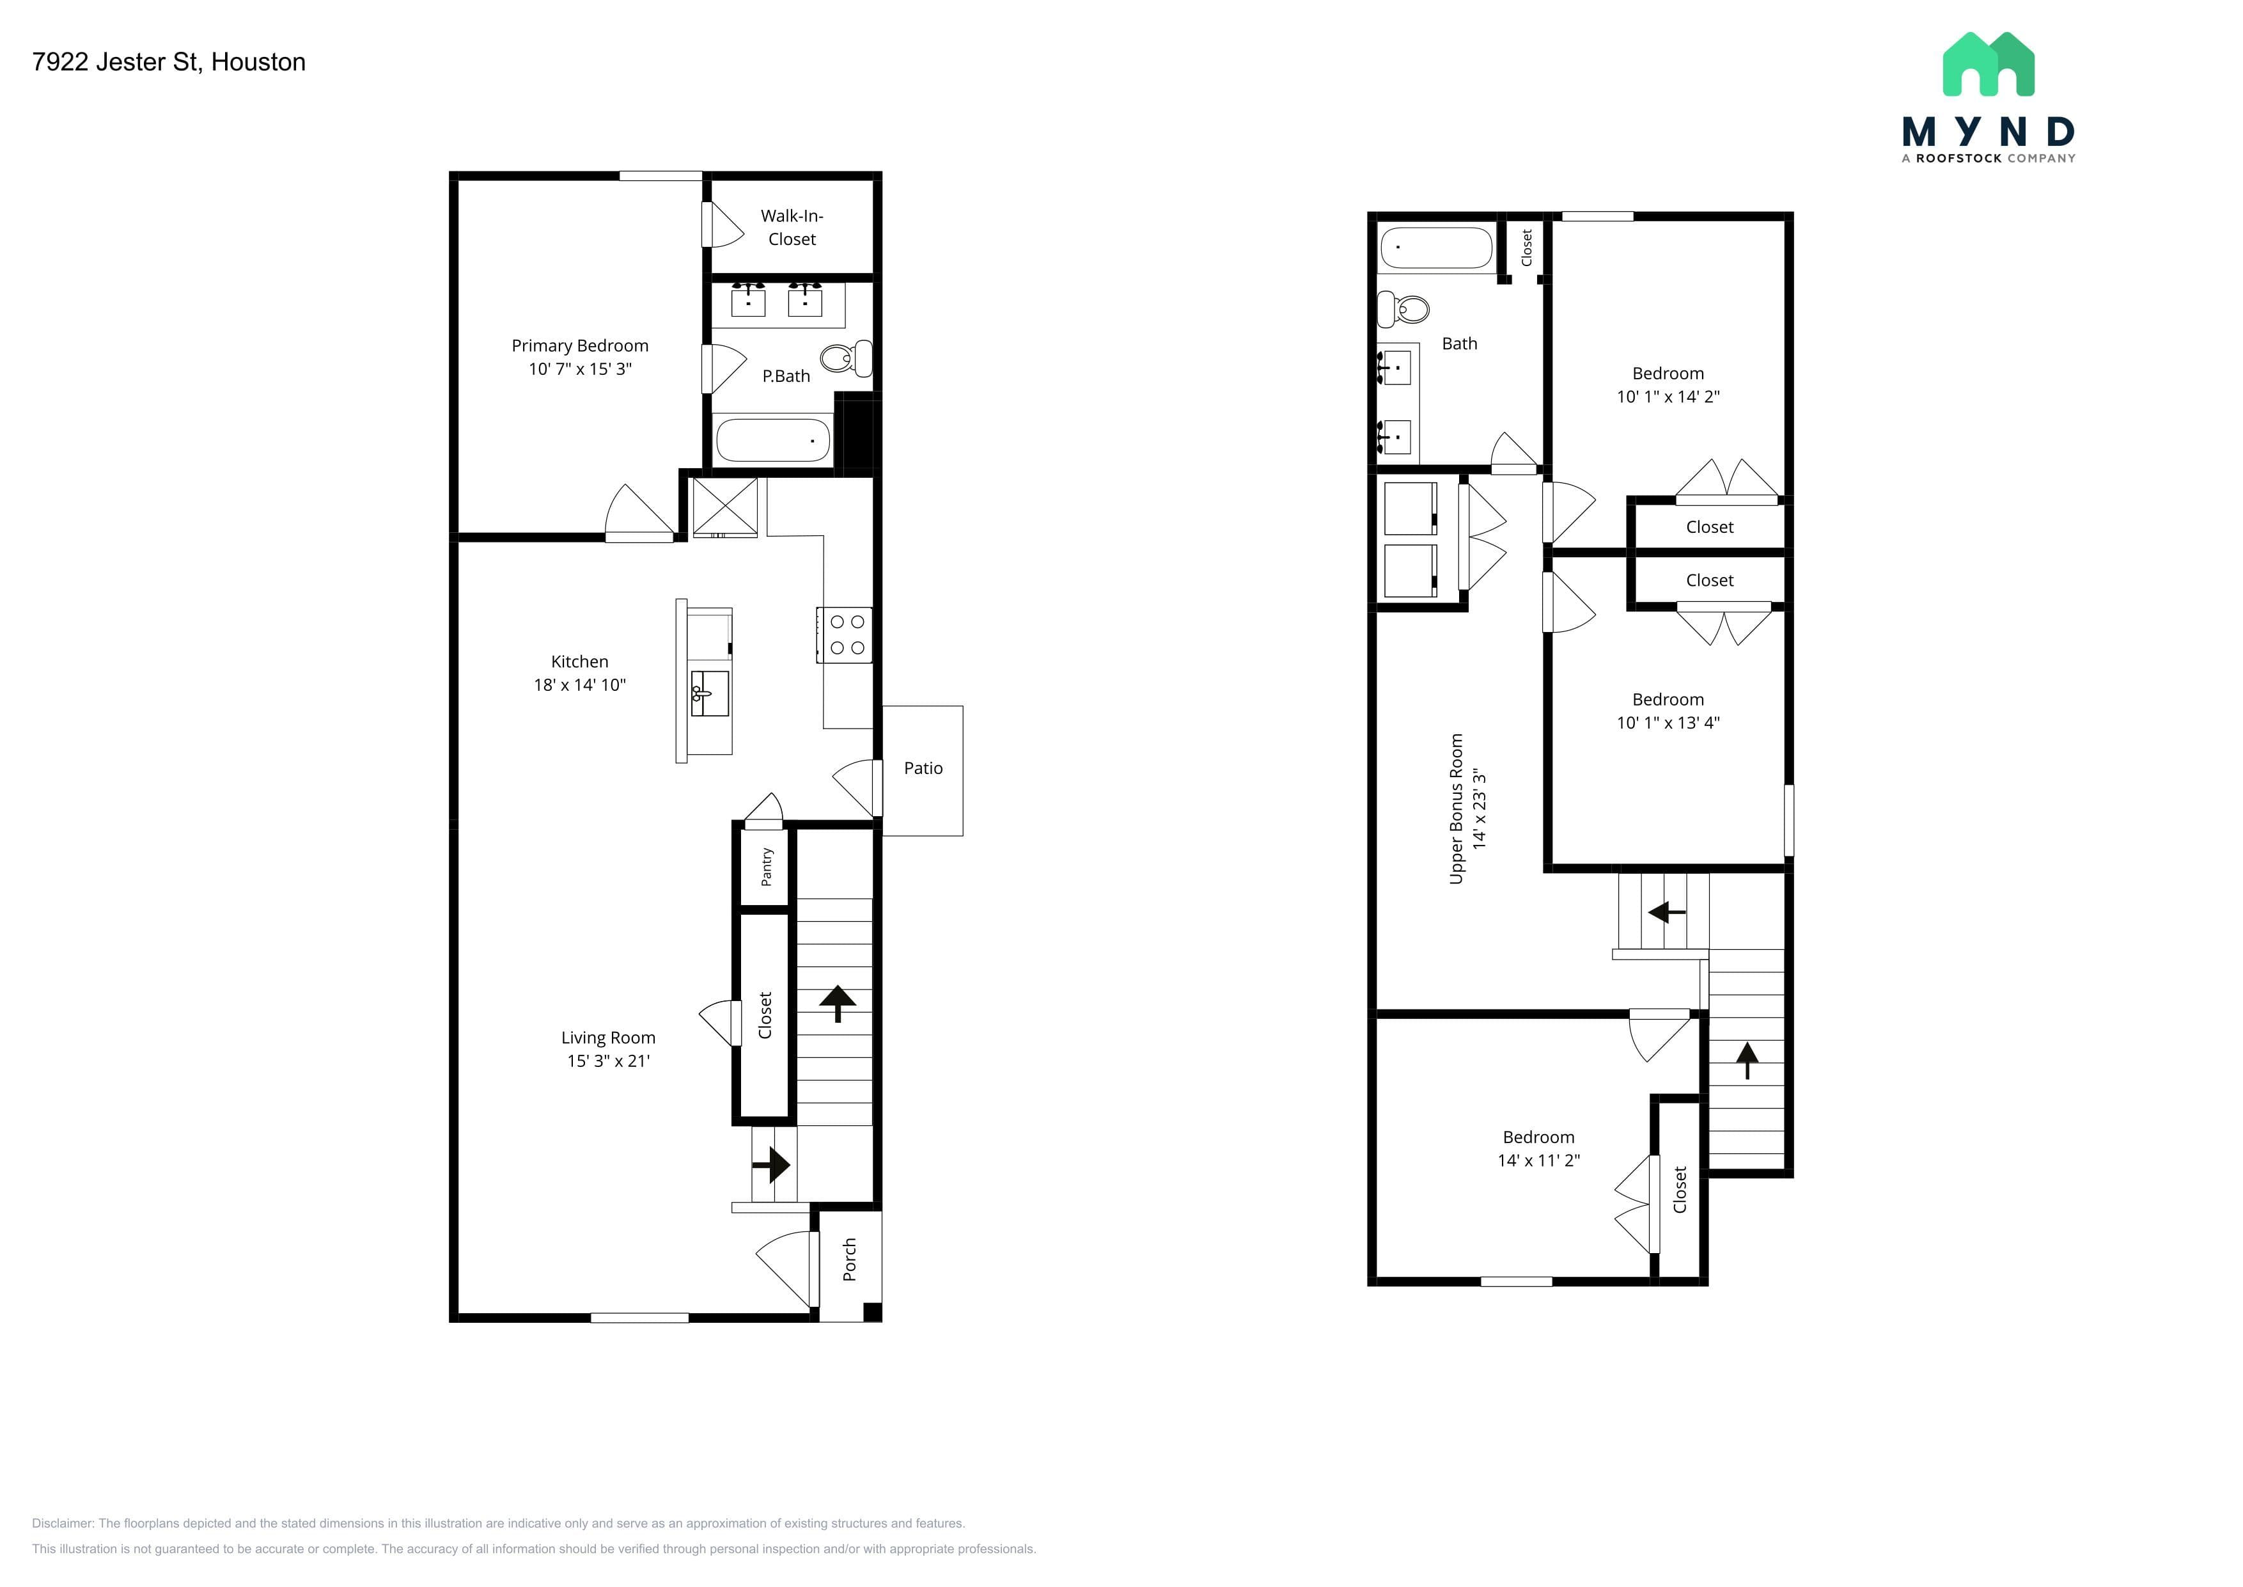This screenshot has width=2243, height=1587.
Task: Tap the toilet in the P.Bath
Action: coord(846,359)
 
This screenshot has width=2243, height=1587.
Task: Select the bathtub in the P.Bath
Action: coord(773,441)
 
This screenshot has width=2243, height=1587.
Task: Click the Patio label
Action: coord(923,768)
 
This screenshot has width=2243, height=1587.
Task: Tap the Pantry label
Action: coord(767,867)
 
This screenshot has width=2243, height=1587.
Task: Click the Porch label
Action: coord(849,1259)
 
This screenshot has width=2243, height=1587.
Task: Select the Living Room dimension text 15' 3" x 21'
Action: coord(609,1061)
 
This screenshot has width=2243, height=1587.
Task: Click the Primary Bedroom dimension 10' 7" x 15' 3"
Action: coord(581,369)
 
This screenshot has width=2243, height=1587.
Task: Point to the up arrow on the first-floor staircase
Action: coord(837,1002)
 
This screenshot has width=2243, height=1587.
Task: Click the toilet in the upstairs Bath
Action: coord(1403,310)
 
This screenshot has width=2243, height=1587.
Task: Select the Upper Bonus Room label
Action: coord(1457,809)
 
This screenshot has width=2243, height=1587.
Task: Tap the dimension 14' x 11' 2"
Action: coord(1538,1161)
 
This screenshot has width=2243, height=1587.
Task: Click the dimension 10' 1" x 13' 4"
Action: coord(1668,723)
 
